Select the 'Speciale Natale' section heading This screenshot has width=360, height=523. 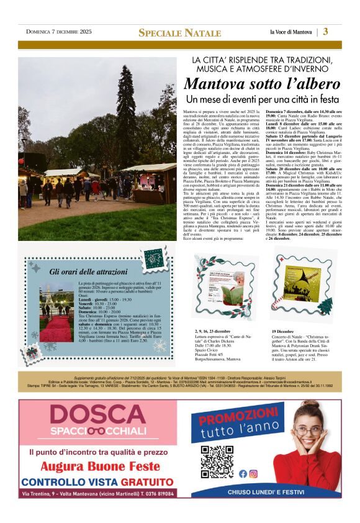click(x=179, y=32)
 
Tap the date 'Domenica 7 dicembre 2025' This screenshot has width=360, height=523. click(x=58, y=32)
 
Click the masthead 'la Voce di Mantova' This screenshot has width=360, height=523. click(x=291, y=32)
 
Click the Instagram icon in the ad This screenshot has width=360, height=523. click(x=253, y=473)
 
